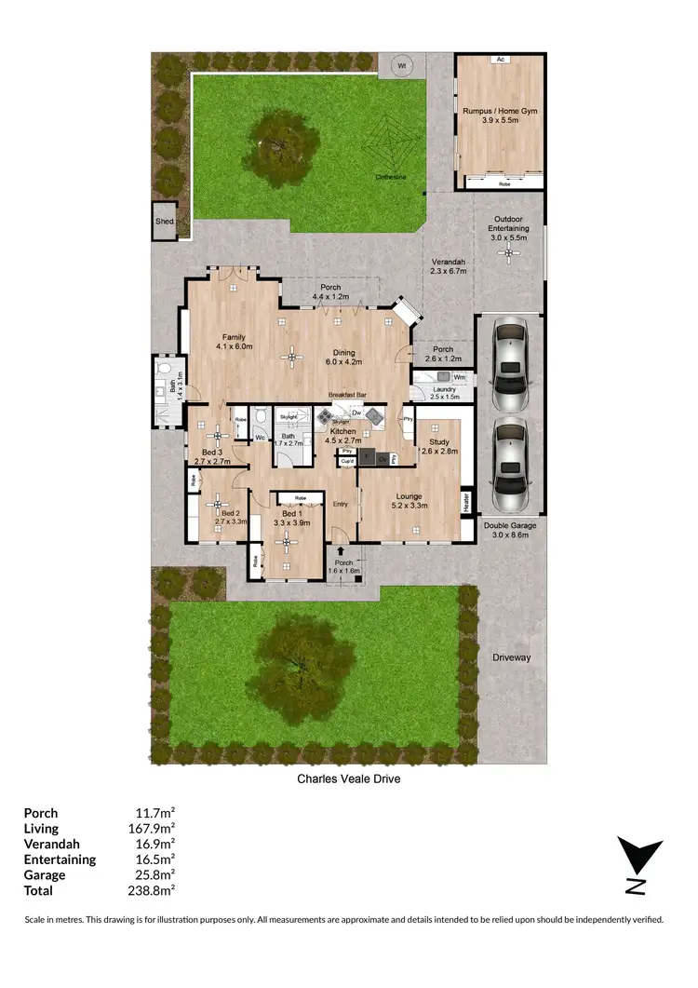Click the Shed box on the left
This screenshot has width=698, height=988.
click(164, 222)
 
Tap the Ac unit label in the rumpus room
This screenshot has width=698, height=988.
click(500, 60)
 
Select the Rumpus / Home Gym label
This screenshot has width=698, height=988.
click(500, 115)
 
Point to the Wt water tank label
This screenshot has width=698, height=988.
click(402, 66)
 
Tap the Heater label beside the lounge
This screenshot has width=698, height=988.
click(466, 501)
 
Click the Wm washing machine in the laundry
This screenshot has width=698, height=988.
click(458, 377)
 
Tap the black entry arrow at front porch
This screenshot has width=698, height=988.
click(342, 552)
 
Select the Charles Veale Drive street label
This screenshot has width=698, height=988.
click(348, 778)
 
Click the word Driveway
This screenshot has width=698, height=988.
click(511, 657)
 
